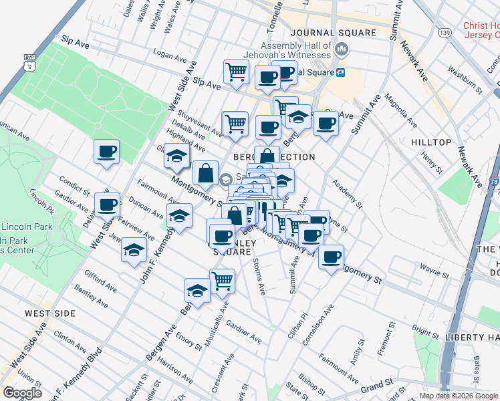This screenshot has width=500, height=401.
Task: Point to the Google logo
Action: click(23, 393)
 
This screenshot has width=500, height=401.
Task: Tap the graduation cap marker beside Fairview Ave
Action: click(134, 250)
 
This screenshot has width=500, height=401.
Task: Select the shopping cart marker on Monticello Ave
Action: click(222, 281)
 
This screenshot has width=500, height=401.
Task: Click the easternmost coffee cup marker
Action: click(331, 257)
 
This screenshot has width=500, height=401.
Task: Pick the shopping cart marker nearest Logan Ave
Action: click(236, 72)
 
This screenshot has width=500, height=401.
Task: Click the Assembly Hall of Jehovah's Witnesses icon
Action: click(342, 49)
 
